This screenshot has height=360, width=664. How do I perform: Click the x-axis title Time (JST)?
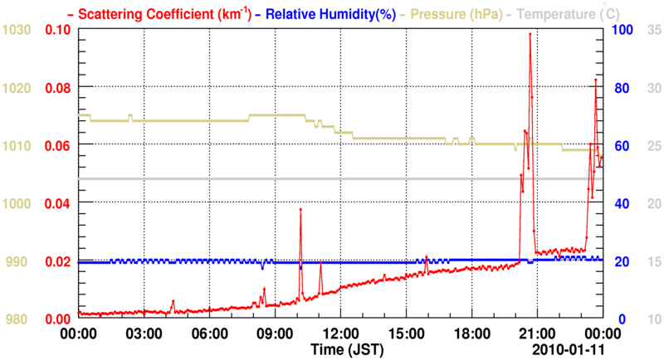point(346,349)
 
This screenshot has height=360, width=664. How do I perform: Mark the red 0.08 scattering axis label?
point(58,88)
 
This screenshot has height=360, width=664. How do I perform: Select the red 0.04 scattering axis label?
point(58,203)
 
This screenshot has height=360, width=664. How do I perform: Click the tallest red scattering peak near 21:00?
point(530,34)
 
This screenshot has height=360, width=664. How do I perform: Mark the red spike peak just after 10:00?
point(300,210)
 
